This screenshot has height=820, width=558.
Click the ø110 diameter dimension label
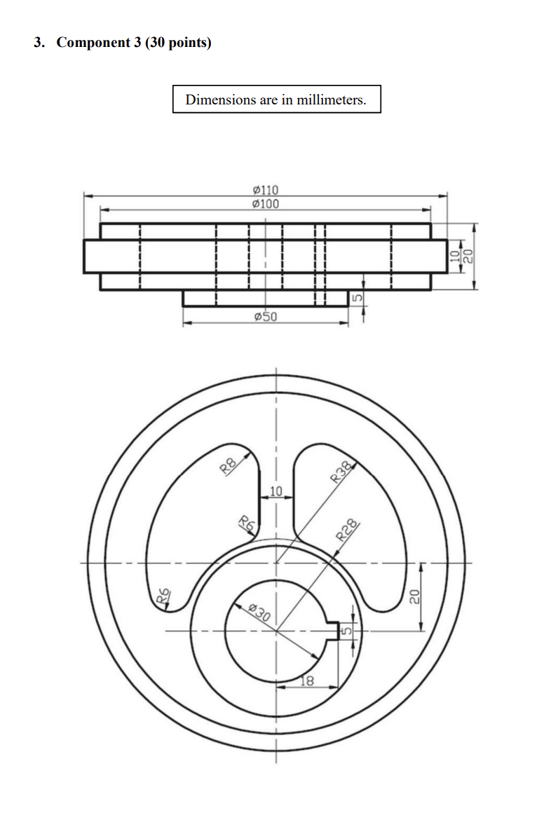click(x=265, y=190)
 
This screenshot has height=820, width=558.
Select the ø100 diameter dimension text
click(x=265, y=204)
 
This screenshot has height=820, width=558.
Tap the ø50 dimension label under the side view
click(x=265, y=317)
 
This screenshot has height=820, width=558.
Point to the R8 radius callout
click(x=227, y=466)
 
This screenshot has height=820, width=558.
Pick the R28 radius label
click(x=348, y=531)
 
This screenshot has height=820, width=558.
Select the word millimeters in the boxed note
click(x=331, y=100)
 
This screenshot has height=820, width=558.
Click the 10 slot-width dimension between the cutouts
click(x=275, y=490)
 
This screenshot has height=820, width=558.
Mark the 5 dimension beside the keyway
click(x=344, y=631)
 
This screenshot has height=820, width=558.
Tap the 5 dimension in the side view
click(x=356, y=299)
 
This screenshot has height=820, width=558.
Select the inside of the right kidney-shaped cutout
click(x=358, y=533)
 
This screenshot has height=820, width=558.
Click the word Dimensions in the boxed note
click(x=220, y=100)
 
